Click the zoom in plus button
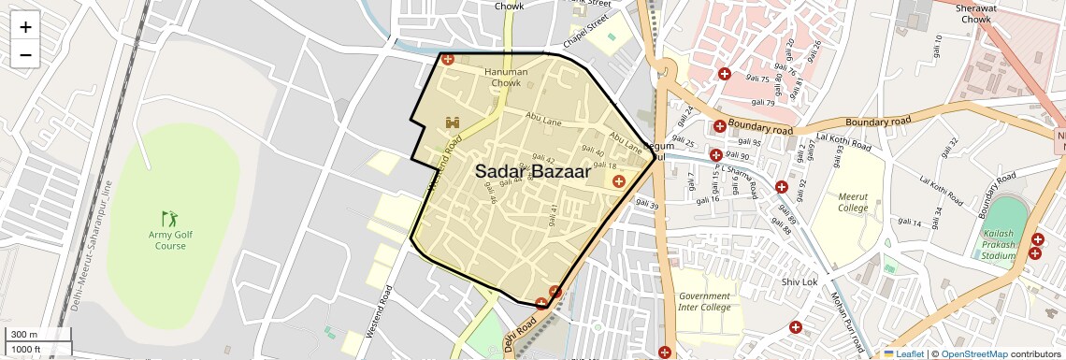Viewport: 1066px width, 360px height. [25, 27]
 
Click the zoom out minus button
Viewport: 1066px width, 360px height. [25, 54]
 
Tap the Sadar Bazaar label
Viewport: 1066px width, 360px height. [532, 172]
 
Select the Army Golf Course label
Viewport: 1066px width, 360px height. [170, 239]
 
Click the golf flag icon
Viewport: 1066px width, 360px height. [168, 218]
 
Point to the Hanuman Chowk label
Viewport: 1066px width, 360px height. [506, 78]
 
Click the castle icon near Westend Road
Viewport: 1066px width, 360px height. [454, 122]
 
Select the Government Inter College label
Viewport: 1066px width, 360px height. [704, 302]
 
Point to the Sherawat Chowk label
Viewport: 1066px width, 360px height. [987, 13]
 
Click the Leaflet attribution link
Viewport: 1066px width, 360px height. [903, 354]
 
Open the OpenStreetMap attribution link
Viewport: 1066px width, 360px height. [973, 354]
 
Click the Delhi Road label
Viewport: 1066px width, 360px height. [520, 334]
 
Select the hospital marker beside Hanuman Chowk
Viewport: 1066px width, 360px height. [448, 60]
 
